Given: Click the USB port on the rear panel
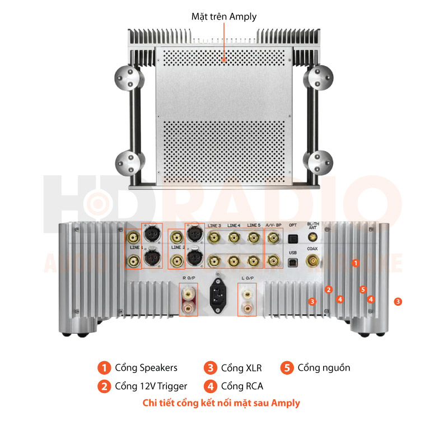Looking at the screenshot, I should [x=292, y=261].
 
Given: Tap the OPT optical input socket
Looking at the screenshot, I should [x=292, y=239].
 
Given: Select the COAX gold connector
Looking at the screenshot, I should [x=312, y=260].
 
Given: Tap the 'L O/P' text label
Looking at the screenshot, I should [x=247, y=278].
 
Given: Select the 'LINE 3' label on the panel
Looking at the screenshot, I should [x=213, y=225].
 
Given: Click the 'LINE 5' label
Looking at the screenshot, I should [x=254, y=225].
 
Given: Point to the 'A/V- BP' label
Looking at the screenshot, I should [x=273, y=225].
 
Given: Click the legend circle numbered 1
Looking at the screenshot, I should [x=104, y=368].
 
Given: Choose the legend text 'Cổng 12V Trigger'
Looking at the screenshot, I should [x=151, y=386].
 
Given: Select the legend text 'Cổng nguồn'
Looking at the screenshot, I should [x=324, y=368].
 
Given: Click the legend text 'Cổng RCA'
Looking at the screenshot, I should [x=242, y=386].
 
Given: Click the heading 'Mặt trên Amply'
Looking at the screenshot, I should [x=224, y=16].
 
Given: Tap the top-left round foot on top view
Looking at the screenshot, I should [x=128, y=78].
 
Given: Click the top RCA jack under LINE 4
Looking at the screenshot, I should [x=234, y=238].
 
